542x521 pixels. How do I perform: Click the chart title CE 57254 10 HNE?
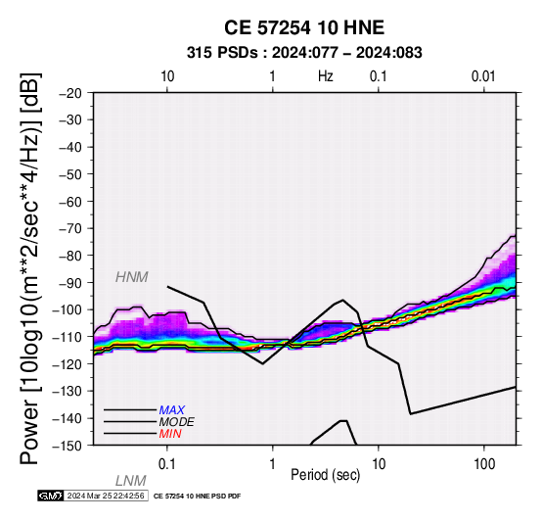(304, 27)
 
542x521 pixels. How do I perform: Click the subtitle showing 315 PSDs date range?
(304, 53)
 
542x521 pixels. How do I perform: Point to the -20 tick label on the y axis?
(70, 93)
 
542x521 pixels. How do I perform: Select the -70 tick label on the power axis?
(70, 228)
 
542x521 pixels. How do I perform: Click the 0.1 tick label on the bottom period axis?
(167, 464)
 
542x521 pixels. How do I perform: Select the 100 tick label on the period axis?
(484, 464)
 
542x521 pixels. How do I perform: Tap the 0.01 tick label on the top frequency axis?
(483, 76)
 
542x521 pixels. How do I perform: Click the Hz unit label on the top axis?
(326, 76)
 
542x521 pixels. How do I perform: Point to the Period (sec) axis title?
(325, 475)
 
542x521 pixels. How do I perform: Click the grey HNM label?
(132, 277)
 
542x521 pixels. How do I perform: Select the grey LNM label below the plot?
(131, 481)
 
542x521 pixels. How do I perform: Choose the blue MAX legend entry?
(172, 410)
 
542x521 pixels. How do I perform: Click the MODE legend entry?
(177, 422)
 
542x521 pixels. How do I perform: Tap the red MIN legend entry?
(170, 434)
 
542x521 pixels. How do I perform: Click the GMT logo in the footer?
(51, 496)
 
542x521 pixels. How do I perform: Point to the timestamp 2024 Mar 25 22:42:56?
(106, 496)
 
